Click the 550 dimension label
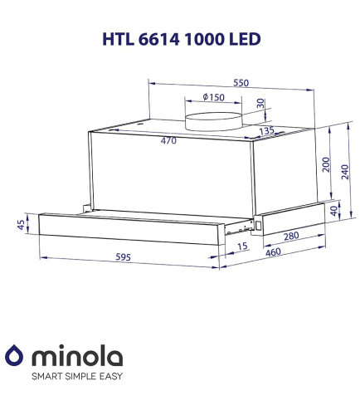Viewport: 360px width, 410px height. tap(241, 84)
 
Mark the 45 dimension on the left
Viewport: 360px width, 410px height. tap(21, 225)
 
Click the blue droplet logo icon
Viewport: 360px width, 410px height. tap(16, 357)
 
